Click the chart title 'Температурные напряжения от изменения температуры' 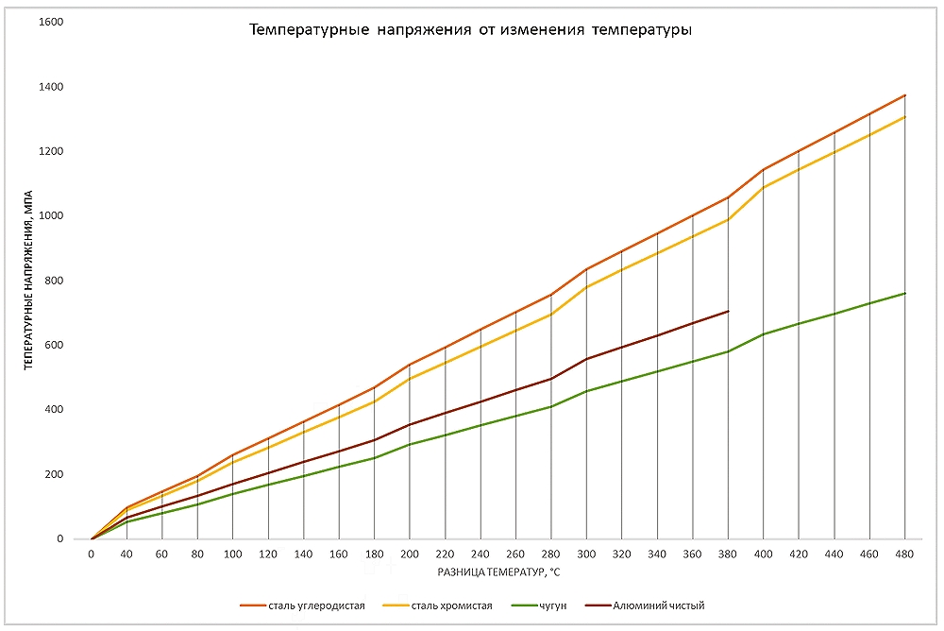tap(470, 31)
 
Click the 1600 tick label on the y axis tap(51, 22)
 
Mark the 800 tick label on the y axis tap(54, 281)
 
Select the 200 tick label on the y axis tap(54, 474)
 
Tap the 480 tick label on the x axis tap(904, 555)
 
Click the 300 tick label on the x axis tap(587, 555)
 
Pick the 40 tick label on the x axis tap(126, 555)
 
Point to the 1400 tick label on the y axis tap(51, 87)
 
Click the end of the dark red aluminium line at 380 tap(728, 311)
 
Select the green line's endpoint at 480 tap(904, 293)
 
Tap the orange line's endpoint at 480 tap(904, 95)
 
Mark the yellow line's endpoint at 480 tap(904, 117)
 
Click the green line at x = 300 tap(587, 391)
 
